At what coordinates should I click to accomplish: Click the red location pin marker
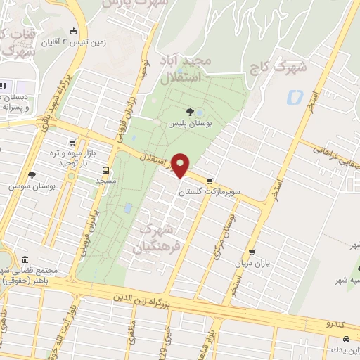pyautogui.click(x=181, y=165)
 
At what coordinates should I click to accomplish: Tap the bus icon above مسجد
pyautogui.click(x=105, y=170)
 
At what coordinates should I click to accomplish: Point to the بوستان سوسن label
pyautogui.click(x=27, y=187)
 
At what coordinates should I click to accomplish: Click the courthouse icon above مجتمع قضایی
pyautogui.click(x=25, y=260)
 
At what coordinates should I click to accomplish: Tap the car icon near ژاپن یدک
pyautogui.click(x=329, y=339)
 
